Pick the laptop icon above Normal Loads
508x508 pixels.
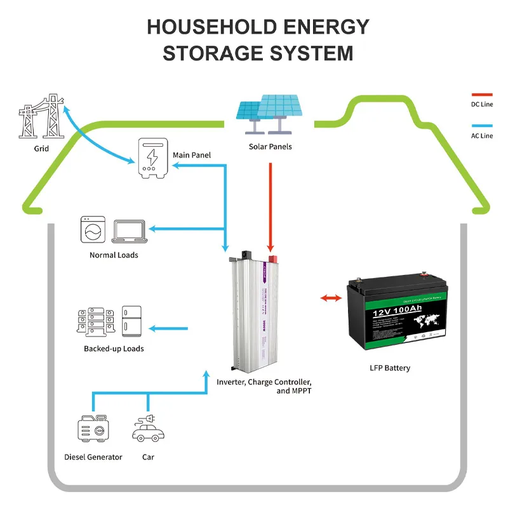click(130, 232)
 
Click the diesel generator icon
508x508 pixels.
click(93, 431)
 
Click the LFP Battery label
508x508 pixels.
click(390, 368)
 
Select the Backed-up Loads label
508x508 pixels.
click(114, 349)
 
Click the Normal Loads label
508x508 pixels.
click(114, 255)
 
